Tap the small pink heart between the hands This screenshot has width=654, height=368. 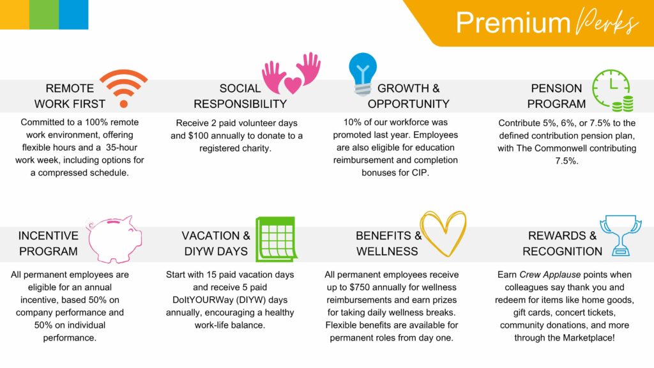point(293,85)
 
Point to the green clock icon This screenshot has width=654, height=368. point(611,87)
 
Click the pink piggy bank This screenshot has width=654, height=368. point(114,240)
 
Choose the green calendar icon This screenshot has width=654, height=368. point(276,239)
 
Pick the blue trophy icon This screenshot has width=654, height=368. point(621,235)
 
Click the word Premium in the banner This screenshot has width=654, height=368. point(513,22)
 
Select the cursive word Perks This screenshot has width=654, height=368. point(607,22)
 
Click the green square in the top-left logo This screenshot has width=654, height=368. point(44,15)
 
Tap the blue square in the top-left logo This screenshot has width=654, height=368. point(73,15)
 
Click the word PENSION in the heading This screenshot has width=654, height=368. point(556,88)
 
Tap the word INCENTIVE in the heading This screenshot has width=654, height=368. point(49,236)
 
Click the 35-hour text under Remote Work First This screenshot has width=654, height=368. point(121,148)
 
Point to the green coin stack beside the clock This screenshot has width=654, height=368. point(623,103)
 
